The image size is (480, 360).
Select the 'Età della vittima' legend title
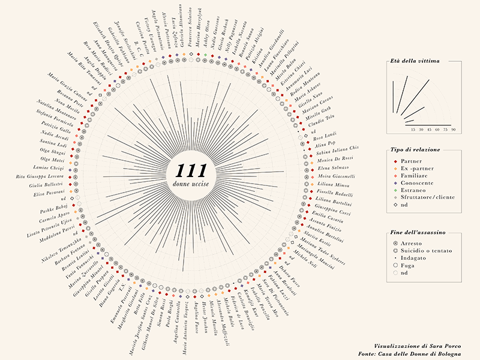click(x=415, y=61)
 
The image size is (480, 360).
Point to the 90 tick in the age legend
click(x=454, y=129)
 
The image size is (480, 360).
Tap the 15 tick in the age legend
click(x=413, y=129)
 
